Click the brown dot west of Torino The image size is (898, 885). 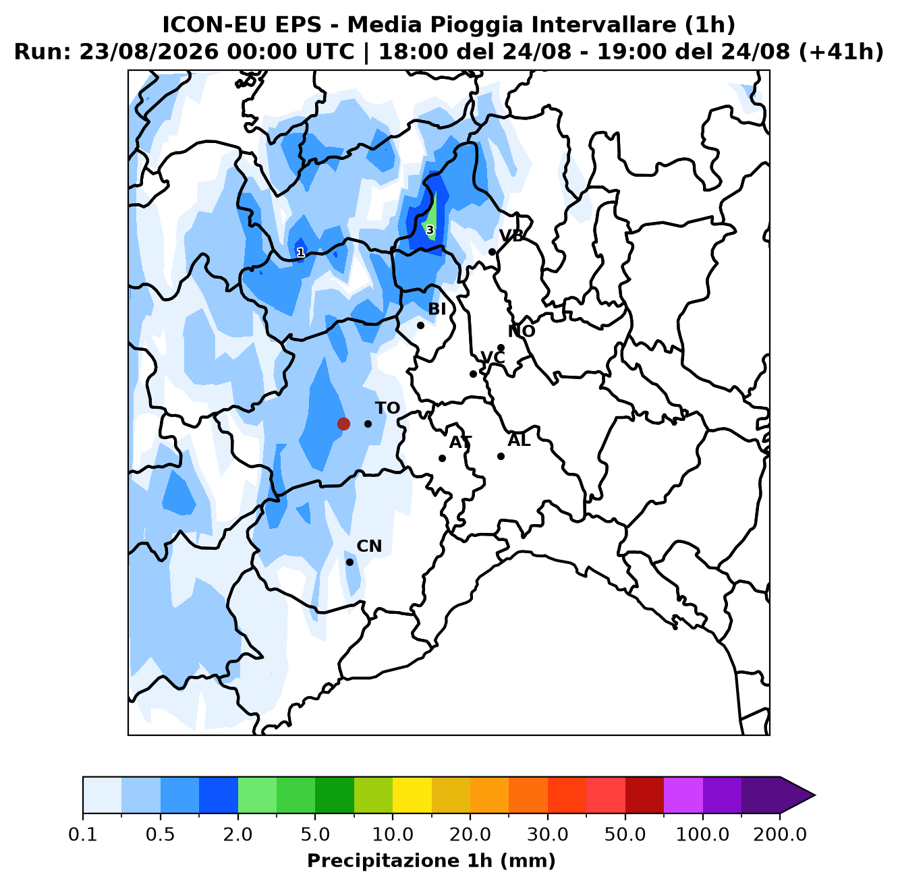click(x=343, y=424)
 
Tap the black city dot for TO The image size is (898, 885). click(x=368, y=424)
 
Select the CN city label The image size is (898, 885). click(x=369, y=546)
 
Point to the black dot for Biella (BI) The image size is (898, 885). click(x=420, y=325)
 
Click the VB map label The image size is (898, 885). click(x=511, y=235)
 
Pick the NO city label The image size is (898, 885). click(x=522, y=331)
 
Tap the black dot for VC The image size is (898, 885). click(x=473, y=374)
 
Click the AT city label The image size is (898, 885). click(x=461, y=442)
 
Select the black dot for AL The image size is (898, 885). click(x=501, y=456)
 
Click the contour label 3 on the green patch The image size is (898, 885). click(x=430, y=230)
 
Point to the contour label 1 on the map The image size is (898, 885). click(x=301, y=252)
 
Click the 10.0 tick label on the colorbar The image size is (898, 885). click(x=393, y=834)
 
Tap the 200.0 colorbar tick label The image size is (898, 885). click(x=780, y=834)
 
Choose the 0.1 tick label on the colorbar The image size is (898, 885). click(x=83, y=834)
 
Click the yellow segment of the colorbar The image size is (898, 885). click(x=412, y=795)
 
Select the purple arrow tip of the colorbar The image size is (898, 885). click(x=814, y=795)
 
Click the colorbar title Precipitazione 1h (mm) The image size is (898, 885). click(x=431, y=860)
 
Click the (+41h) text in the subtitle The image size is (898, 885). click(x=841, y=52)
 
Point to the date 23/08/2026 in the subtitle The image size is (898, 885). click(x=148, y=52)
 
